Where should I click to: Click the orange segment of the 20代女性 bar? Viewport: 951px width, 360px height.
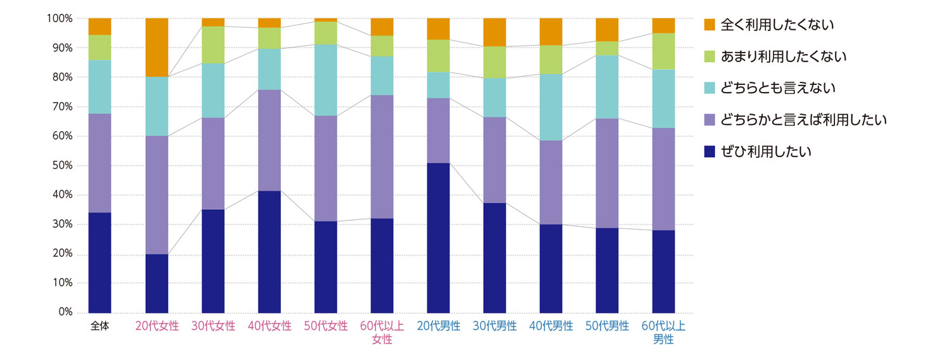(x=157, y=48)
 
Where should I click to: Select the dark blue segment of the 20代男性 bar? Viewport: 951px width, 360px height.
(x=438, y=238)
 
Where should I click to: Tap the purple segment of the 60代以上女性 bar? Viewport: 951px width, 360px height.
(x=382, y=157)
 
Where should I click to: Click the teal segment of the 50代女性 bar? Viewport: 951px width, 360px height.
(x=326, y=80)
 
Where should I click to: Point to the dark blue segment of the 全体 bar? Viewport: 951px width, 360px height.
(x=100, y=262)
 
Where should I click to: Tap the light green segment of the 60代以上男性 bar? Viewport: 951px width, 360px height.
(x=664, y=51)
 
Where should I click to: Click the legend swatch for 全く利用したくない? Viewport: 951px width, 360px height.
(x=709, y=25)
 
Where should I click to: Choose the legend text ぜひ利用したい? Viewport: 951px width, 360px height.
(x=767, y=151)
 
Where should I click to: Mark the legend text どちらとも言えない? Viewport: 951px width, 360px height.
(x=778, y=88)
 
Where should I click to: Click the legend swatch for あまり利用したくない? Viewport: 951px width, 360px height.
(x=709, y=56)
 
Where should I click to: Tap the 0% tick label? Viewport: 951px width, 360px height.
(x=65, y=312)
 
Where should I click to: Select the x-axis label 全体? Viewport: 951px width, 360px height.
(x=100, y=326)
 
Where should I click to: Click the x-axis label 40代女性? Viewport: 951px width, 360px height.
(x=269, y=326)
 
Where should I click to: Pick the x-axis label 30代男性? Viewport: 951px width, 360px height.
(x=495, y=326)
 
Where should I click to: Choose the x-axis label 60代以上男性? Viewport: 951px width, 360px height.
(x=664, y=333)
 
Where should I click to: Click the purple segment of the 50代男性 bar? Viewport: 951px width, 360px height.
(x=607, y=173)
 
